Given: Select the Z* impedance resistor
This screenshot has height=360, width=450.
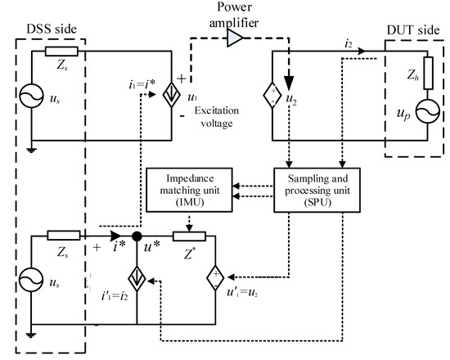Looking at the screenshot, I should [x=189, y=238].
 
